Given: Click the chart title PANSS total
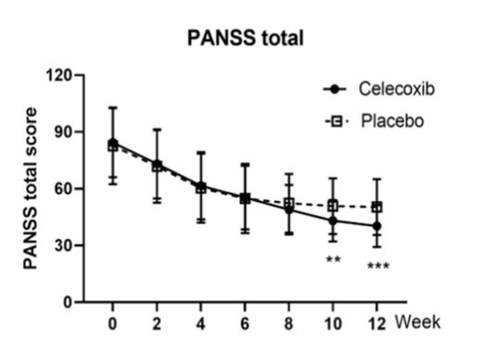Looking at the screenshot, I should tap(246, 39).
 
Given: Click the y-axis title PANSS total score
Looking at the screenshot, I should tap(30, 188).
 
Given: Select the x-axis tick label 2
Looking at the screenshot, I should tap(157, 323).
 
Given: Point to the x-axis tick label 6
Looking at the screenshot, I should tap(245, 323).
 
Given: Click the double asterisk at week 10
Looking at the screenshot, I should tap(333, 259).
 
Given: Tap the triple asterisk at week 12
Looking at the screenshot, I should tap(378, 267).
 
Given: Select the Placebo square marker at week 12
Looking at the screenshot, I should tap(377, 207).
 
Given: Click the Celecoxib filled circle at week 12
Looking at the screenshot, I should tap(377, 226).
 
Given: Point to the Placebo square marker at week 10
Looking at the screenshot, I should tap(333, 206).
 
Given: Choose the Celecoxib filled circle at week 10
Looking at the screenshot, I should tap(333, 221).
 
